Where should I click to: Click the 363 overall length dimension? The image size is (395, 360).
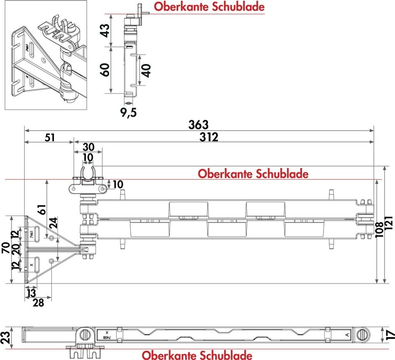coord(199,125)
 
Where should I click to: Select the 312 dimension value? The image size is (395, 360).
coord(209,137)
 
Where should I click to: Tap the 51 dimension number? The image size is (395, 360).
coord(50,138)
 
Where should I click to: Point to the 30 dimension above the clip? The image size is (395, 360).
coord(88,147)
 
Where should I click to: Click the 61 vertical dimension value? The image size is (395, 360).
coord(42,209)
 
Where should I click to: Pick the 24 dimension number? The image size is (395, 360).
coord(53,223)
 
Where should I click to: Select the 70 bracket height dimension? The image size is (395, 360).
coord(6,248)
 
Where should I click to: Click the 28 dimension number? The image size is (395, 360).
coord(38,303)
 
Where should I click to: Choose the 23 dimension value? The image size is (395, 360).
coord(5,337)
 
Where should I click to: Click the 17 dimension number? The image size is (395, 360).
coord(390,335)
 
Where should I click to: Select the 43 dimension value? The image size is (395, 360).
coord(105,30)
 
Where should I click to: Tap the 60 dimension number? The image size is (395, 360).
coord(105,70)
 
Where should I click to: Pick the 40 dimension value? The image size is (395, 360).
coord(146,71)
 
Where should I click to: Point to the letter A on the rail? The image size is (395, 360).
coord(347,335)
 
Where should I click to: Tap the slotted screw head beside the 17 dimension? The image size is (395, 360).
coord(362,335)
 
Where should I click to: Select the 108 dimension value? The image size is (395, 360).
coord(380,230)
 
